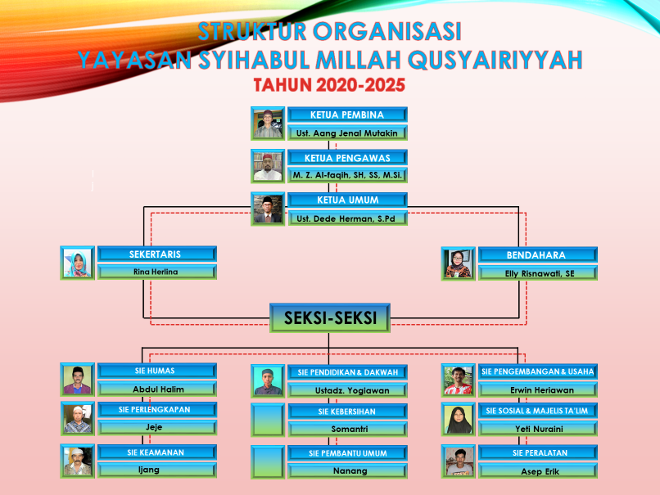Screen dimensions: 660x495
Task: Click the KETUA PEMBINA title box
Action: point(347,115)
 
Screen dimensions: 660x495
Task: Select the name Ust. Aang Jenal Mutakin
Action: point(347,133)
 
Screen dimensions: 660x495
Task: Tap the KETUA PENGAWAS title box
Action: point(347,158)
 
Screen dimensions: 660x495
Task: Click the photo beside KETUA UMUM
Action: point(268,209)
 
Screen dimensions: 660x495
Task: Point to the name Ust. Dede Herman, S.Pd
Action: point(346,218)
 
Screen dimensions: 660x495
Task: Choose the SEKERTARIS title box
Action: point(157,254)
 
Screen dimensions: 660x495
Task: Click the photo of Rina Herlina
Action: point(78,263)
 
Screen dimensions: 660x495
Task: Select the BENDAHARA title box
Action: point(537,254)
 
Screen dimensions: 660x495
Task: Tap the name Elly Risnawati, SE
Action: point(540,273)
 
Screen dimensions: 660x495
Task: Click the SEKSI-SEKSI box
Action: point(330,318)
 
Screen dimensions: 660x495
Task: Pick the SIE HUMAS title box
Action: point(157,371)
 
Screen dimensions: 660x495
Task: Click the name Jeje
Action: point(154,427)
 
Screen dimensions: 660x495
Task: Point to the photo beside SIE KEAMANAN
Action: point(78,461)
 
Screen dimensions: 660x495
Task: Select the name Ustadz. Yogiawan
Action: point(352,391)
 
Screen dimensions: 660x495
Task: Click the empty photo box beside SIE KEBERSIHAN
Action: point(268,420)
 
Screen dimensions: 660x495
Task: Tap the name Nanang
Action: point(350,471)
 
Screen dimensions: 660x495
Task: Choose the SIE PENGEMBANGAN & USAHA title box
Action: point(537,371)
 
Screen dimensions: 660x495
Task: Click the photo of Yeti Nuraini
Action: point(459,419)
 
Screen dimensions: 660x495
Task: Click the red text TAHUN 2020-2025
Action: point(329,85)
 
